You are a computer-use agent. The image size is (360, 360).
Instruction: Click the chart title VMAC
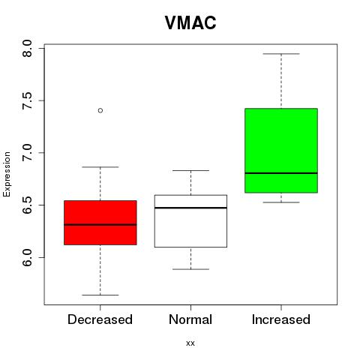point(190,22)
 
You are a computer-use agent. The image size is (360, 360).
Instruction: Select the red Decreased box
point(100,223)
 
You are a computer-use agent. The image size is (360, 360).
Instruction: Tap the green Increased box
point(281,151)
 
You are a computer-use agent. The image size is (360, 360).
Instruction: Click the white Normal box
point(190,221)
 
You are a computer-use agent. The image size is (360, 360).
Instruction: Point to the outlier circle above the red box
point(100,110)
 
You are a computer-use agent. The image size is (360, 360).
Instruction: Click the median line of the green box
point(281,173)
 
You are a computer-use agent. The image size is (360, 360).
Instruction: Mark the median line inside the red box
point(100,224)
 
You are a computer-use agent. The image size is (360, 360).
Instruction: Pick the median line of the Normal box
point(190,208)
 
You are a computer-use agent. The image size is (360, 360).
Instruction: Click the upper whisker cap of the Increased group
point(281,54)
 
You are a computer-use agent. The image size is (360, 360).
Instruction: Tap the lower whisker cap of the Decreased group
point(100,295)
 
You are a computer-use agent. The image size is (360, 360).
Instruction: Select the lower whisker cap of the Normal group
point(190,269)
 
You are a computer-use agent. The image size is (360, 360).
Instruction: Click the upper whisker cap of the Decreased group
point(100,166)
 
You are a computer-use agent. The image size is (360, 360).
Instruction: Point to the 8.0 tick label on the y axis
point(27,48)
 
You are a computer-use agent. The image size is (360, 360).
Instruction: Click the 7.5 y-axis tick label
point(27,100)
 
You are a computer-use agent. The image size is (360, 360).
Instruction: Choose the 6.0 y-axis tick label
point(27,257)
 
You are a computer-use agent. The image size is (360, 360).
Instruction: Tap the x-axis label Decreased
point(100,319)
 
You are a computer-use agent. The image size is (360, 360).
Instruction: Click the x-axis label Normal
point(190,319)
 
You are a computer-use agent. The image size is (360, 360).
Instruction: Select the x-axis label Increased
point(281,319)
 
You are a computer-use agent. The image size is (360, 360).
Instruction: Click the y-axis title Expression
point(7,174)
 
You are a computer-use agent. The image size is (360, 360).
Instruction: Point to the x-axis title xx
point(190,343)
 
